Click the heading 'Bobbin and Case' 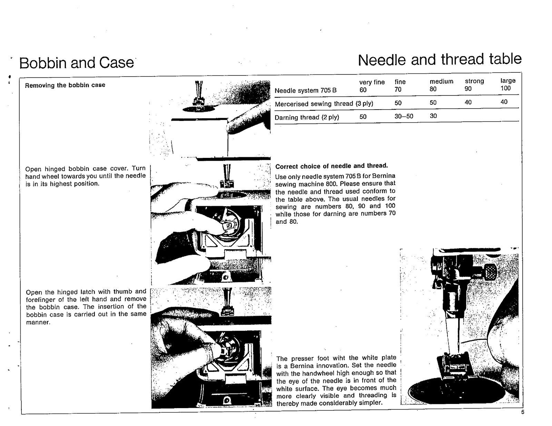pyautogui.click(x=76, y=63)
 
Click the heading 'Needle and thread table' pyautogui.click(x=440, y=60)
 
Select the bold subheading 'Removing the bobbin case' pyautogui.click(x=65, y=85)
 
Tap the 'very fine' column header pyautogui.click(x=372, y=82)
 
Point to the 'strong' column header pyautogui.click(x=474, y=81)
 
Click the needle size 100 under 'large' pyautogui.click(x=505, y=88)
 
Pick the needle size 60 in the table pyautogui.click(x=363, y=90)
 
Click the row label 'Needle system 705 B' pyautogui.click(x=305, y=91)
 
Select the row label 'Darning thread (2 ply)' pyautogui.click(x=307, y=117)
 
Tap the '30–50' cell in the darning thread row pyautogui.click(x=404, y=116)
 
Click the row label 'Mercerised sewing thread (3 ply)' pyautogui.click(x=324, y=104)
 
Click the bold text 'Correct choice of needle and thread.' pyautogui.click(x=331, y=166)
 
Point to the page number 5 pyautogui.click(x=522, y=412)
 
